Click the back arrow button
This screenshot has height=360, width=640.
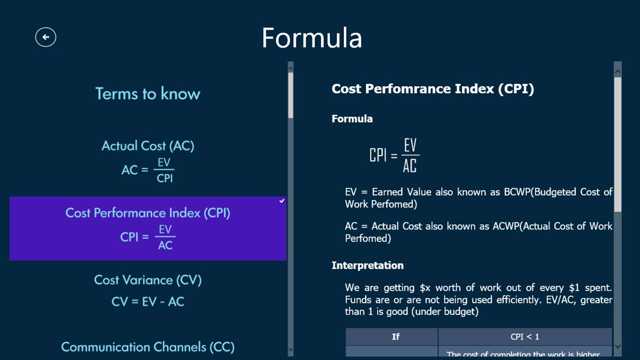[x=46, y=37]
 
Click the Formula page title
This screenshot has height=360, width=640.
[x=312, y=38]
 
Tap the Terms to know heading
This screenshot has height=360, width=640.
[x=148, y=93]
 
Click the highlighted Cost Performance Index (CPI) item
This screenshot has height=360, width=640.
[x=148, y=228]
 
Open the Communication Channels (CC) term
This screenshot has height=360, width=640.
[x=148, y=347]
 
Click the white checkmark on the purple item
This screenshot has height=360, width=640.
[x=282, y=201]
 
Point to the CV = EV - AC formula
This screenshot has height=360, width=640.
[x=148, y=302]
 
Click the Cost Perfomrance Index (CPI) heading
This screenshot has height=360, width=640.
[x=432, y=89]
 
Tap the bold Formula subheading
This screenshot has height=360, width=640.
[x=352, y=119]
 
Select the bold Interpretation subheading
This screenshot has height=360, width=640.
[x=368, y=265]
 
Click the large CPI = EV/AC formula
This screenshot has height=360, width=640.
[x=395, y=155]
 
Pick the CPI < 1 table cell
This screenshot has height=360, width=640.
[x=525, y=336]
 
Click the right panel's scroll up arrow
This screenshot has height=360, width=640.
[x=617, y=72]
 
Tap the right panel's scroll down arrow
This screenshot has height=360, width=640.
[x=617, y=347]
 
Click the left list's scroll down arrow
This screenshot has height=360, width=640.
[x=291, y=349]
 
